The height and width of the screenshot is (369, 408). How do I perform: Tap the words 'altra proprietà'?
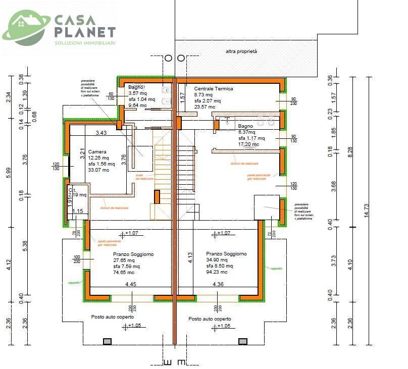(x=242, y=51)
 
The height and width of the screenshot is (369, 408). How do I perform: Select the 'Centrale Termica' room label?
(x=214, y=89)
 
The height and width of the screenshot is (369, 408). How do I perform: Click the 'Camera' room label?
(x=97, y=152)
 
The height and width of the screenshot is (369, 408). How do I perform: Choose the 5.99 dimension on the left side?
(x=8, y=173)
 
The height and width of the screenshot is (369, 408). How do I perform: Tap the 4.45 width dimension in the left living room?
(x=131, y=284)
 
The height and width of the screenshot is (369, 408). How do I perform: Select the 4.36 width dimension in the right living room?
(x=218, y=284)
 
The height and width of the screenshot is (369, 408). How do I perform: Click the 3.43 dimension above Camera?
(x=101, y=133)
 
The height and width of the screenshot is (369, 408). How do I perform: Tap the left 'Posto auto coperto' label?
(x=112, y=317)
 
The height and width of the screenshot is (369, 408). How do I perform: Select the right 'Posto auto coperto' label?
(x=210, y=319)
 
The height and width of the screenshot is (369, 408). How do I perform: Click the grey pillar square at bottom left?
(x=107, y=342)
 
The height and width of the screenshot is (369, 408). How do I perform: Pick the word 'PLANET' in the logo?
(x=84, y=32)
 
